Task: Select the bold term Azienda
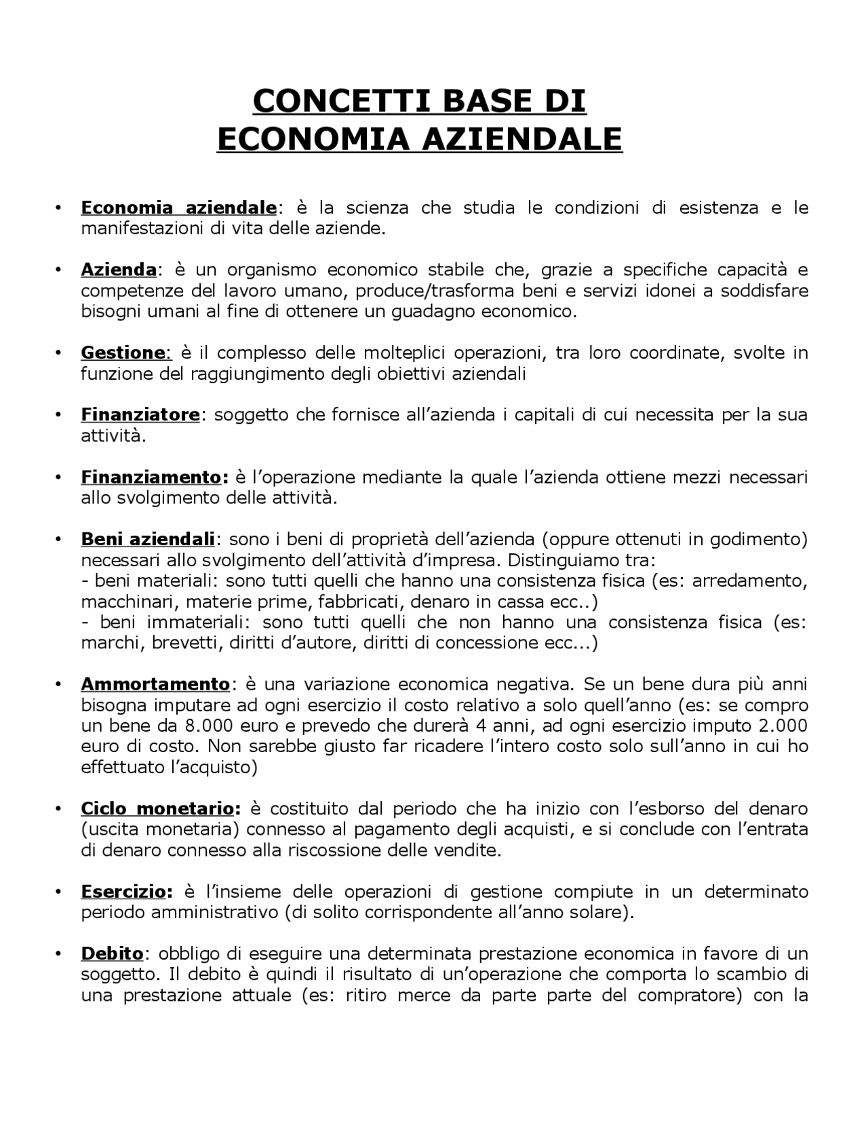[x=119, y=270]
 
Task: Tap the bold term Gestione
[x=123, y=353]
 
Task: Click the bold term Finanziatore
[x=140, y=415]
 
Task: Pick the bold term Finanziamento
[x=151, y=477]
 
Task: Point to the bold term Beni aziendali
[x=148, y=540]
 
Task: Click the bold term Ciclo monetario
[x=157, y=808]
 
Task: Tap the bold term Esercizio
[x=123, y=892]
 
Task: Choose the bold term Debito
[x=112, y=954]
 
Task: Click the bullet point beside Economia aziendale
[x=60, y=208]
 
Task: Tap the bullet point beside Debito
[x=60, y=954]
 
